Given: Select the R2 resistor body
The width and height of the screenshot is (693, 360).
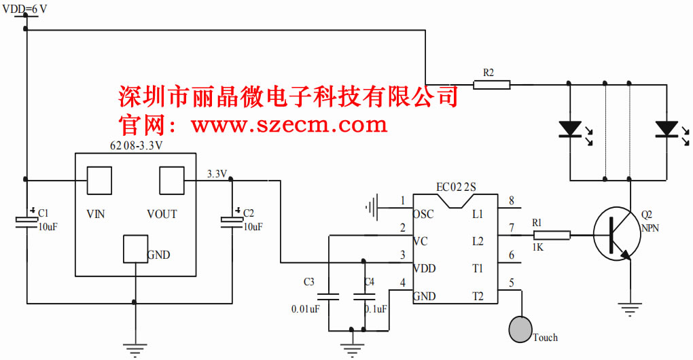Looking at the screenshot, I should [x=492, y=85].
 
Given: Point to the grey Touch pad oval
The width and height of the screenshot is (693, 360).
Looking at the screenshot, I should [x=520, y=328].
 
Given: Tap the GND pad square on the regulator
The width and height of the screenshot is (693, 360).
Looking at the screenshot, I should [x=135, y=249].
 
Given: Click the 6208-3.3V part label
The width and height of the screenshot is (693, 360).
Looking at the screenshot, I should [x=136, y=146].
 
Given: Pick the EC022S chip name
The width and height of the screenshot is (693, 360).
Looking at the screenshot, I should [x=456, y=187].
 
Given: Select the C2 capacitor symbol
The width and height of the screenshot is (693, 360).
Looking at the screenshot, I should [x=232, y=220].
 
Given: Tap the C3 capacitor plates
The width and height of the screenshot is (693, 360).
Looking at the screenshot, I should [x=329, y=297].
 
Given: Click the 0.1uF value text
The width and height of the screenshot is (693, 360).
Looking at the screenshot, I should [x=376, y=309].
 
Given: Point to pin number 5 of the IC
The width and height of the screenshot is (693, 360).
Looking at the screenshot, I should [x=511, y=283].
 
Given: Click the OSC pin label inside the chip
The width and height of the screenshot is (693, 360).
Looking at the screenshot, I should [x=423, y=215].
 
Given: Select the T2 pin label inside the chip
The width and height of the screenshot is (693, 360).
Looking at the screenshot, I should [x=478, y=296].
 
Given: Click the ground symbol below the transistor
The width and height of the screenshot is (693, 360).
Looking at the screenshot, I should [x=630, y=309].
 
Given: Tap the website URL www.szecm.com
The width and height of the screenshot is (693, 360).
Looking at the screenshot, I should [x=289, y=125].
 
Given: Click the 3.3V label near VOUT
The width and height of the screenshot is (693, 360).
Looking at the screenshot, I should [x=217, y=174].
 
